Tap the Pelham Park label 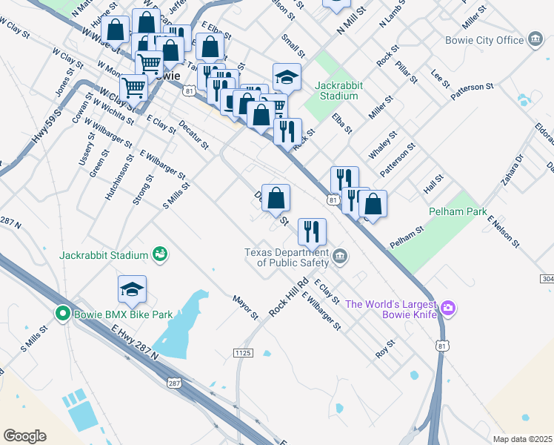(458, 211)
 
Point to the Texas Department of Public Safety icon (340, 257)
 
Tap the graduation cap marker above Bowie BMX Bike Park (132, 290)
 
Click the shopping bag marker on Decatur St (276, 198)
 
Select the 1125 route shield (242, 352)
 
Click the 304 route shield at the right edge (547, 279)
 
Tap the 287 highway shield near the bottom (173, 383)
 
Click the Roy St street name (384, 349)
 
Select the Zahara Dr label (512, 170)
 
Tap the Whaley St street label (383, 145)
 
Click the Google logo (24, 436)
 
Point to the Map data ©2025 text (521, 439)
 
